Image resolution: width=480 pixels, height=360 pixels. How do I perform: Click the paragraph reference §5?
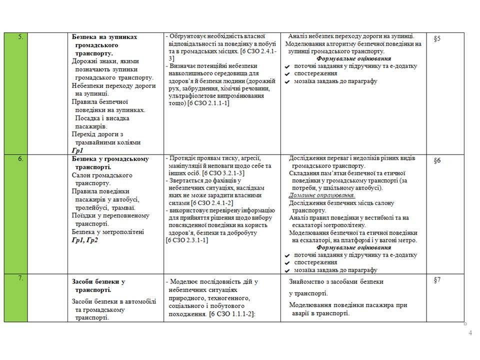(437, 38)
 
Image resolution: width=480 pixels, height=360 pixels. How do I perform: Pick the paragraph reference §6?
(437, 160)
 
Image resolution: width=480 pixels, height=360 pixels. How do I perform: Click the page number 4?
(470, 333)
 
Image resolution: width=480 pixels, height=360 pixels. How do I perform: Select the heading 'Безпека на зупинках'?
(104, 37)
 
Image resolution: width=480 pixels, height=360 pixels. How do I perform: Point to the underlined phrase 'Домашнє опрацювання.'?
(321, 195)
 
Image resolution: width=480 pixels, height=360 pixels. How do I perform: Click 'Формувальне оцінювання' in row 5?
(353, 58)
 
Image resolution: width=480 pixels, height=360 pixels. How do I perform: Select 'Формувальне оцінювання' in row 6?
(353, 247)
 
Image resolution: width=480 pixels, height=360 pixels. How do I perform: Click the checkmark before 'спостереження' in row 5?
(287, 74)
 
